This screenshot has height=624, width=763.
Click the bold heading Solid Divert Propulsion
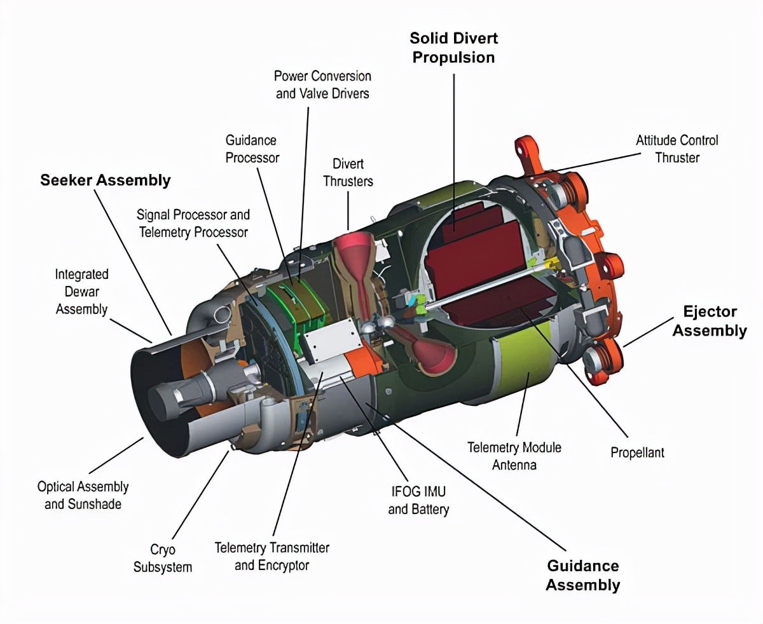(454, 48)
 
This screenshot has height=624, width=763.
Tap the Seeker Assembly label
(106, 180)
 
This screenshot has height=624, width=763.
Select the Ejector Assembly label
(710, 321)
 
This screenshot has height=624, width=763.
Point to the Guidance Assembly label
(583, 575)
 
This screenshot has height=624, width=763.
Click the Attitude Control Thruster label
(677, 149)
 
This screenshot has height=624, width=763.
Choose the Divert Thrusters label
(348, 172)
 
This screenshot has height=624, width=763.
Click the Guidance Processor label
(252, 149)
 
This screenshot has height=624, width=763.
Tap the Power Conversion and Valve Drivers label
(322, 85)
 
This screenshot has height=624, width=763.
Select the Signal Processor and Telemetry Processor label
(193, 224)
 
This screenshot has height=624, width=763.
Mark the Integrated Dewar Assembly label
(82, 292)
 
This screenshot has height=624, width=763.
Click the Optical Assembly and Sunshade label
(83, 495)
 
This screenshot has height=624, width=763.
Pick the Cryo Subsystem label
(162, 558)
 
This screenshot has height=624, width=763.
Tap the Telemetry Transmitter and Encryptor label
(272, 557)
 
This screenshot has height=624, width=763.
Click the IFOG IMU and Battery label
(418, 500)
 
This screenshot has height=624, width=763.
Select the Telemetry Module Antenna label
(514, 456)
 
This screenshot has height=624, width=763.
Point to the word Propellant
(638, 452)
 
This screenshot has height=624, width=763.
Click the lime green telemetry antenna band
(525, 362)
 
